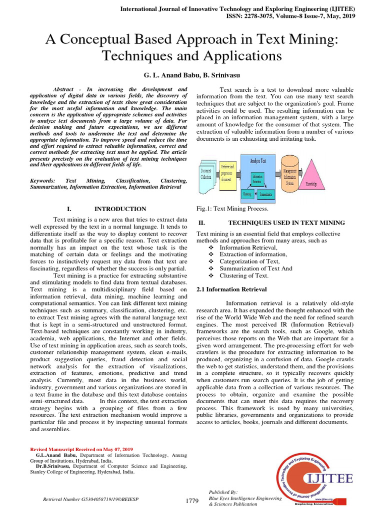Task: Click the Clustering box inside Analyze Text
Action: tap(247, 193)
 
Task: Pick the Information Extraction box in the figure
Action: tap(257, 179)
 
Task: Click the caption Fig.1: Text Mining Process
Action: tap(232, 209)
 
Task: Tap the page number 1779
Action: tap(192, 501)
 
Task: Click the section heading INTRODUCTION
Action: tap(120, 209)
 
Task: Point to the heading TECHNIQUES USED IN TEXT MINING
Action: tap(286, 223)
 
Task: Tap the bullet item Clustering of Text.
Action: tap(244, 275)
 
